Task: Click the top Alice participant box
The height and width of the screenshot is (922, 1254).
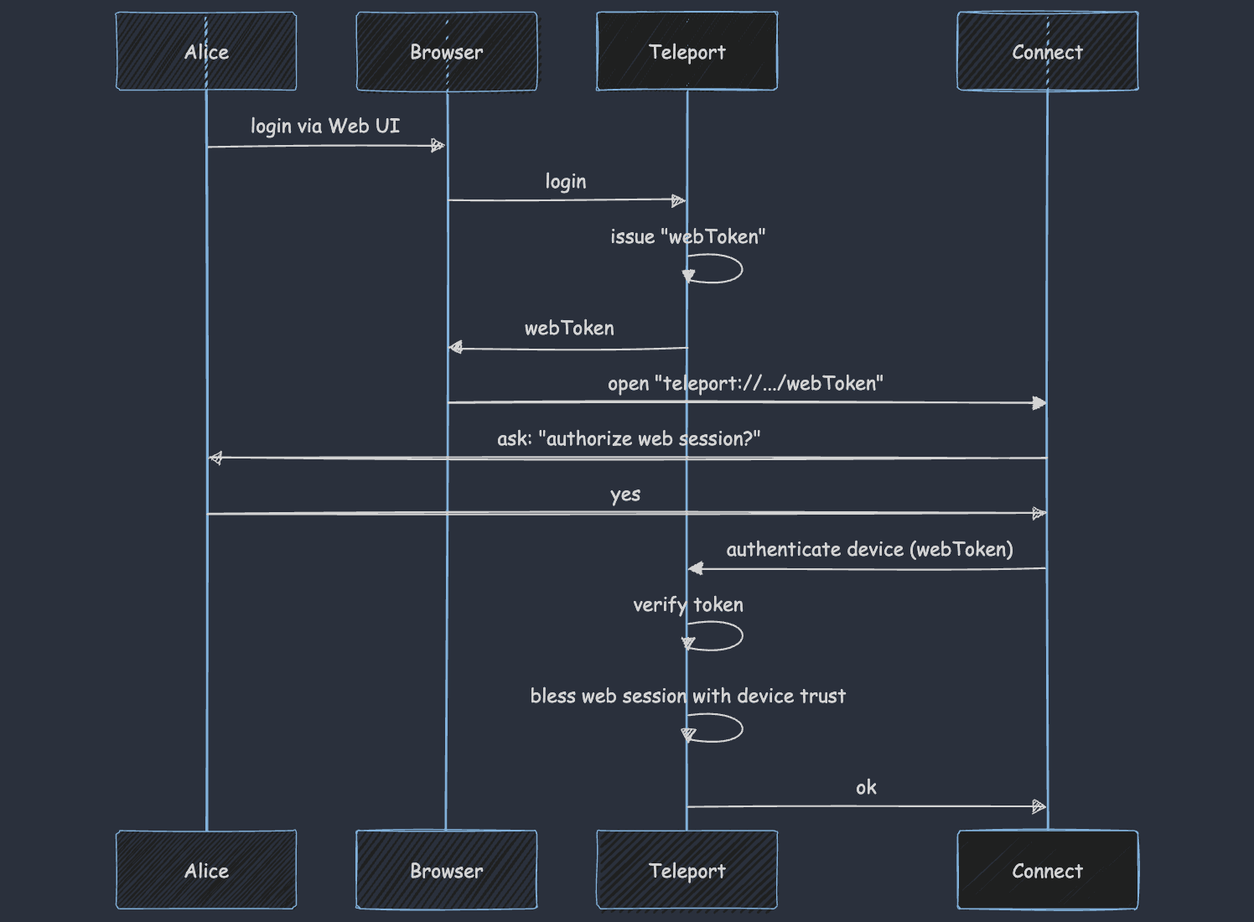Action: pos(206,51)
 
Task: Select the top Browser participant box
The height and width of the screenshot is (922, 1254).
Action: pos(447,51)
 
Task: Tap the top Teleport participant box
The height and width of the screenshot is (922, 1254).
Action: pos(687,51)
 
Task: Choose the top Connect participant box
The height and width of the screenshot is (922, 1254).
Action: pos(1047,51)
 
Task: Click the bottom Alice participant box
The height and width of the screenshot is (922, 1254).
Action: pos(206,870)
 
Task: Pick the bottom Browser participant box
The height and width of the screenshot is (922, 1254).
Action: pos(447,870)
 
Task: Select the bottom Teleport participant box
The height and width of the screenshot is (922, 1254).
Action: pos(687,870)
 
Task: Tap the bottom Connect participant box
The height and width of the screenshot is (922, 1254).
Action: pos(1047,870)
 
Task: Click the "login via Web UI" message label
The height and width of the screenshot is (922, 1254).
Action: pos(325,126)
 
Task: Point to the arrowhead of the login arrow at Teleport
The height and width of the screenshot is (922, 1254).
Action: pos(678,200)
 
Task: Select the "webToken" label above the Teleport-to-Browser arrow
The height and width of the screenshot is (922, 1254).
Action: pos(569,328)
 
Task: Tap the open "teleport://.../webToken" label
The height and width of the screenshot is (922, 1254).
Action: pos(745,383)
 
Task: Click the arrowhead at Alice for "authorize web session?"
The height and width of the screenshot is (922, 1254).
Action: pos(216,458)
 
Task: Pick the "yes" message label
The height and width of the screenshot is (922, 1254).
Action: pos(625,495)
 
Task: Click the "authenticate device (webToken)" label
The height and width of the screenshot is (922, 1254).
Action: pos(869,549)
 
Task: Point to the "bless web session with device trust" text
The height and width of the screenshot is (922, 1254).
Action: pos(687,696)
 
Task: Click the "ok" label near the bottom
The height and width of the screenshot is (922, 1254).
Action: pos(866,787)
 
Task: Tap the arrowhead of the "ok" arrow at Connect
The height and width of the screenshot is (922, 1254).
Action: pos(1039,806)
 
